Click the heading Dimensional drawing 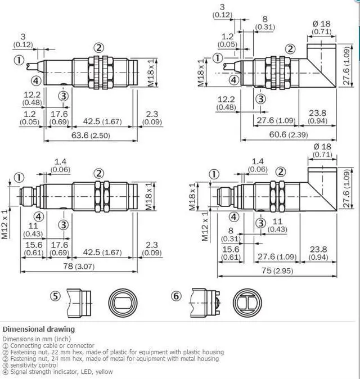pos(38,329)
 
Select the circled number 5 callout pos(55,295)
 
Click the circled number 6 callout pos(177,295)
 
